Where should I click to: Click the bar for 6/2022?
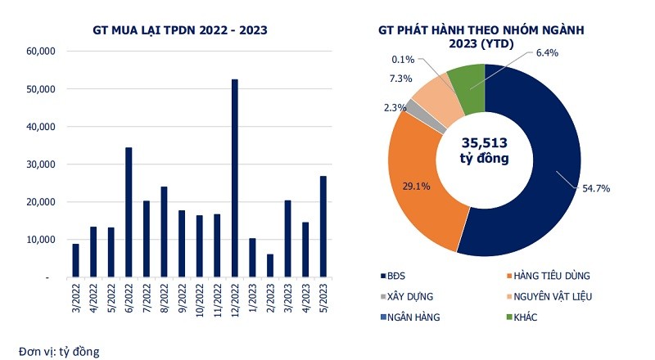tap(129, 212)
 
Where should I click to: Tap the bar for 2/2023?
tap(271, 265)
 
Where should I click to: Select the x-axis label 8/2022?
tap(163, 299)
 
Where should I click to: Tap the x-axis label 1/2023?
tap(252, 299)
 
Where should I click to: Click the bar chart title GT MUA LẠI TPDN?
tap(181, 30)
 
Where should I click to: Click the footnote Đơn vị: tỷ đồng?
tap(55, 352)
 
